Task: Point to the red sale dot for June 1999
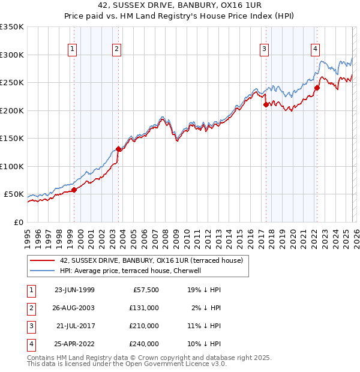click(x=74, y=190)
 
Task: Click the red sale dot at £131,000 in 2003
click(x=119, y=149)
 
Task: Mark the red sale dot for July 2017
click(x=265, y=104)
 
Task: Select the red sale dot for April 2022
click(x=317, y=88)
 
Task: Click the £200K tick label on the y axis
click(x=12, y=110)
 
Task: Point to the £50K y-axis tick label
click(x=14, y=194)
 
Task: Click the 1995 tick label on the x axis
click(x=27, y=239)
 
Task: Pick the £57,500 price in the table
click(x=145, y=290)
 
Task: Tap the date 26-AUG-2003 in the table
click(x=74, y=308)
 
